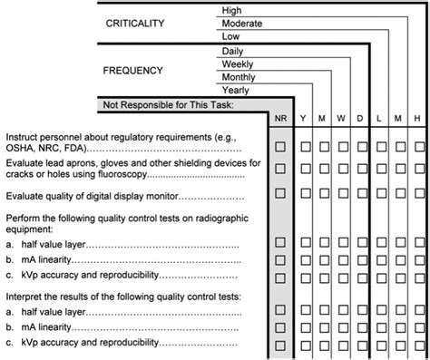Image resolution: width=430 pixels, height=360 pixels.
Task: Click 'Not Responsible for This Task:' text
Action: [x=170, y=105]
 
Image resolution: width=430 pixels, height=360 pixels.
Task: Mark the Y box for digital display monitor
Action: [x=308, y=193]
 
